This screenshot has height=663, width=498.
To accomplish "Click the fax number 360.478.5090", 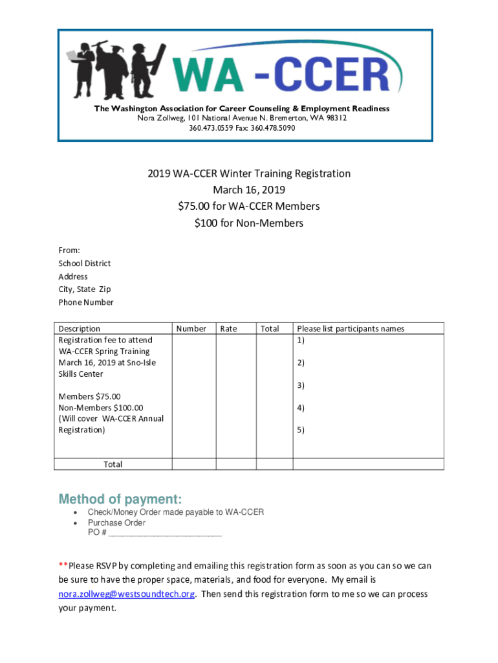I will click(x=273, y=128).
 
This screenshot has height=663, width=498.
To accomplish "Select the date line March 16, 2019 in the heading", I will click(x=249, y=190).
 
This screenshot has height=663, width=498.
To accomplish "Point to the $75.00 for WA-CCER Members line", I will click(x=249, y=207).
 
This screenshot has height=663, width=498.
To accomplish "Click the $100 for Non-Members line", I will click(x=249, y=223).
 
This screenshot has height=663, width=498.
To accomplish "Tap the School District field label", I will click(x=85, y=264).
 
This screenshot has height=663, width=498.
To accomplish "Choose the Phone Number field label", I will click(x=86, y=302).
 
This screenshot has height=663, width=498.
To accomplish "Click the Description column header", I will click(x=80, y=329).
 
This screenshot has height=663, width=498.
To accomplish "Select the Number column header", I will click(x=191, y=329).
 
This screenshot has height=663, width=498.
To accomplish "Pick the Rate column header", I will click(x=229, y=329).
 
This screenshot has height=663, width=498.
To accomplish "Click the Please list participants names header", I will click(x=351, y=329).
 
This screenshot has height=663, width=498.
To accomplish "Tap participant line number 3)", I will click(x=301, y=385).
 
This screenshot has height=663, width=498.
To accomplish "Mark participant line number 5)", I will click(x=301, y=430).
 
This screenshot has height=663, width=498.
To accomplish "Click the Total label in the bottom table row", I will click(x=113, y=464).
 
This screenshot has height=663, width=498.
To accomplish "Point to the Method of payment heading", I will click(x=120, y=499).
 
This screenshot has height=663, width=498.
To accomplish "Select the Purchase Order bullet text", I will click(x=117, y=523).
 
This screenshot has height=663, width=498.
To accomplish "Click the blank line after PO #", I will click(x=166, y=534).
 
